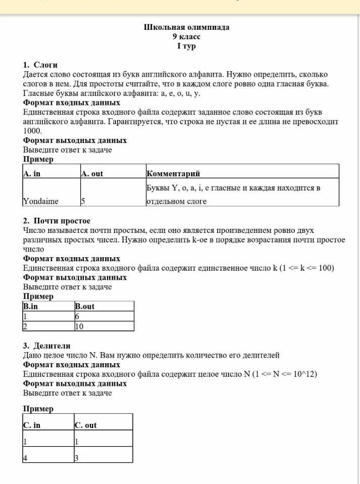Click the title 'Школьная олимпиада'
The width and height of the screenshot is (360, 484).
[186, 27]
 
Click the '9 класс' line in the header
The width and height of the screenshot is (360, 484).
[186, 37]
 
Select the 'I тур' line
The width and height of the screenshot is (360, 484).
[186, 46]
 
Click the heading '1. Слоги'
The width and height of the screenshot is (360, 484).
[40, 65]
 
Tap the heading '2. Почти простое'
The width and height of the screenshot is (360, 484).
[57, 221]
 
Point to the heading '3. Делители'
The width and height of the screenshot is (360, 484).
[47, 346]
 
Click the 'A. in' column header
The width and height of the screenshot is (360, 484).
[32, 174]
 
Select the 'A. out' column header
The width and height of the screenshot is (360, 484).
[92, 174]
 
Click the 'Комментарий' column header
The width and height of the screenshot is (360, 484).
[173, 174]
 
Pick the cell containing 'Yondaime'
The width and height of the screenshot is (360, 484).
[41, 201]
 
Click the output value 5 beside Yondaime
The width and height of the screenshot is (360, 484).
[83, 201]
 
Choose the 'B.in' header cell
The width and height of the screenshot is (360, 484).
[31, 306]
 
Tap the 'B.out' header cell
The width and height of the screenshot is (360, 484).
[85, 306]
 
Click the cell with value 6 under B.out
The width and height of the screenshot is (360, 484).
[77, 316]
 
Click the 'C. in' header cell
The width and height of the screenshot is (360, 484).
[32, 425]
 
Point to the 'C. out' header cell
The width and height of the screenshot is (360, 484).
[86, 425]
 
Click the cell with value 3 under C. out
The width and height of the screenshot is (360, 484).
[76, 458]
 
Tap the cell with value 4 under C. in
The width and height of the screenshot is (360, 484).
[25, 458]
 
